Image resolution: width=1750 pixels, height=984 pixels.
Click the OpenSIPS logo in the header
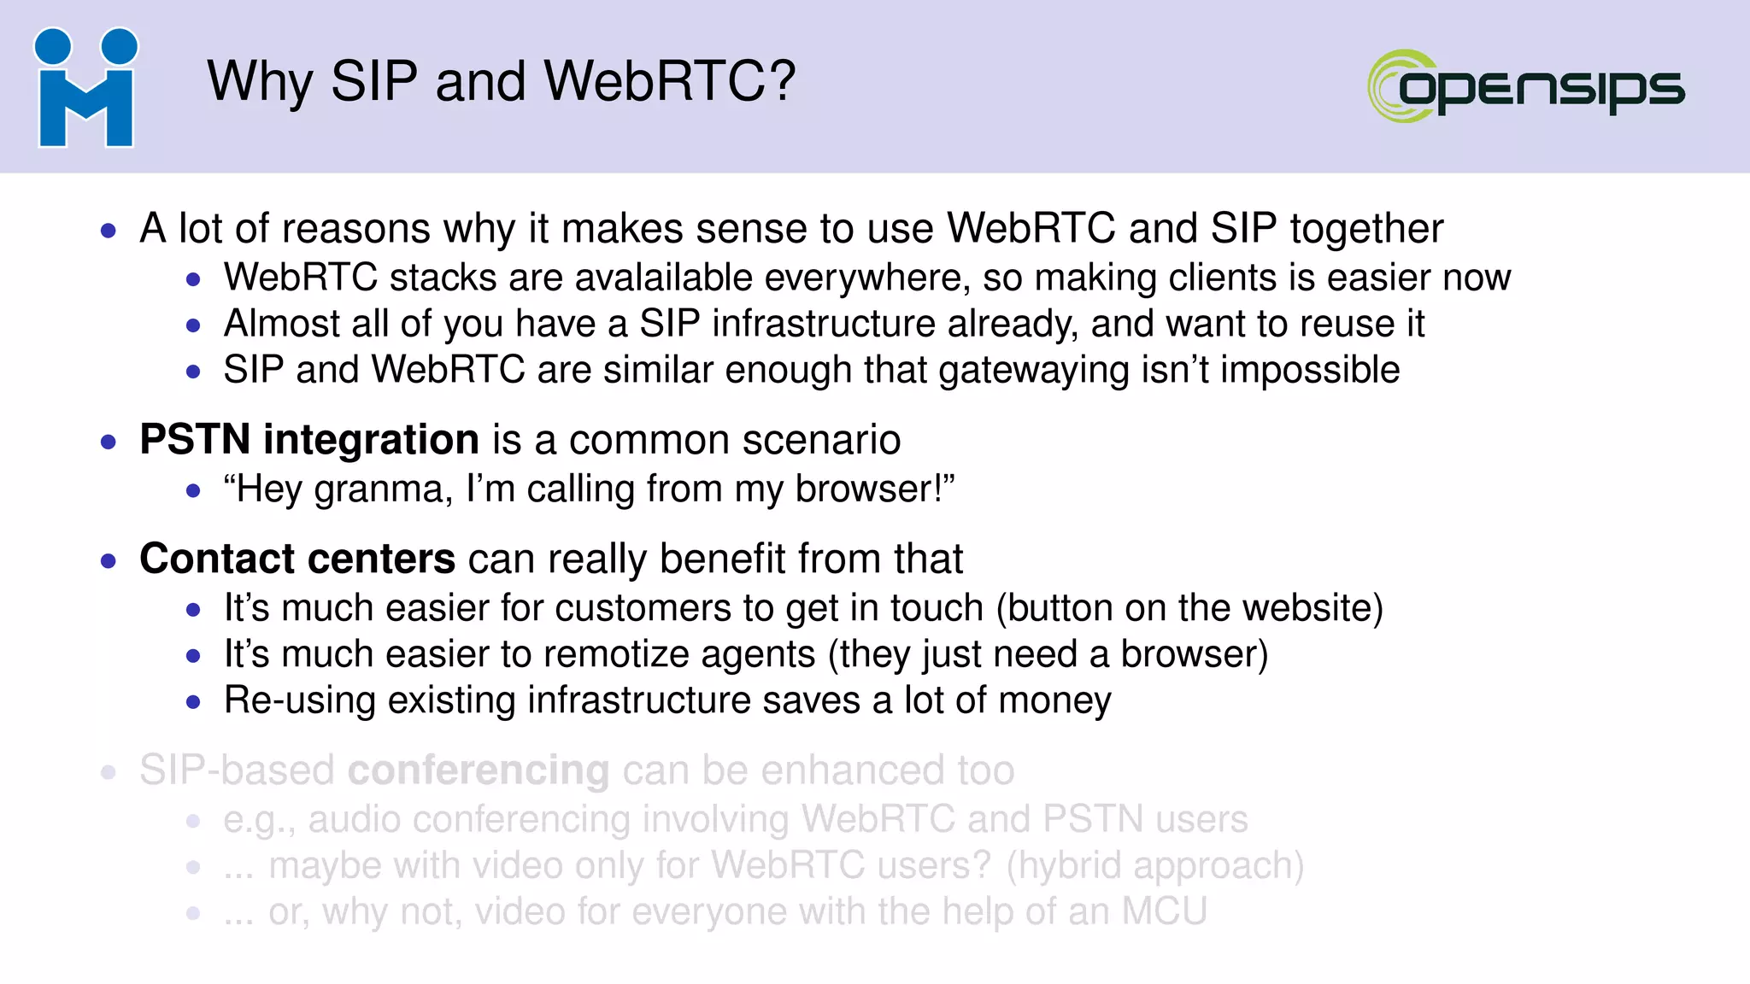(x=1526, y=86)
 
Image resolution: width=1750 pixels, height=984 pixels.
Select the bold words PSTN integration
(x=308, y=440)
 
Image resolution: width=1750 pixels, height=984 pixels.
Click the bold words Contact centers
(x=297, y=559)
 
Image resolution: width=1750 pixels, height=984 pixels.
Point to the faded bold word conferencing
(x=479, y=770)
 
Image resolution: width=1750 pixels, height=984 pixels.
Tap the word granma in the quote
(x=383, y=490)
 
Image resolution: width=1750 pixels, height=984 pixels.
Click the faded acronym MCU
(x=1164, y=911)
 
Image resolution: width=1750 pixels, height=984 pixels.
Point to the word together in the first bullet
(x=1366, y=229)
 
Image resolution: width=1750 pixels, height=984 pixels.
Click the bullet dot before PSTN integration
(x=108, y=442)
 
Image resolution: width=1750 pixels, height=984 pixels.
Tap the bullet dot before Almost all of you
(x=193, y=325)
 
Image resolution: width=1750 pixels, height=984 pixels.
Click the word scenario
(x=820, y=441)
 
